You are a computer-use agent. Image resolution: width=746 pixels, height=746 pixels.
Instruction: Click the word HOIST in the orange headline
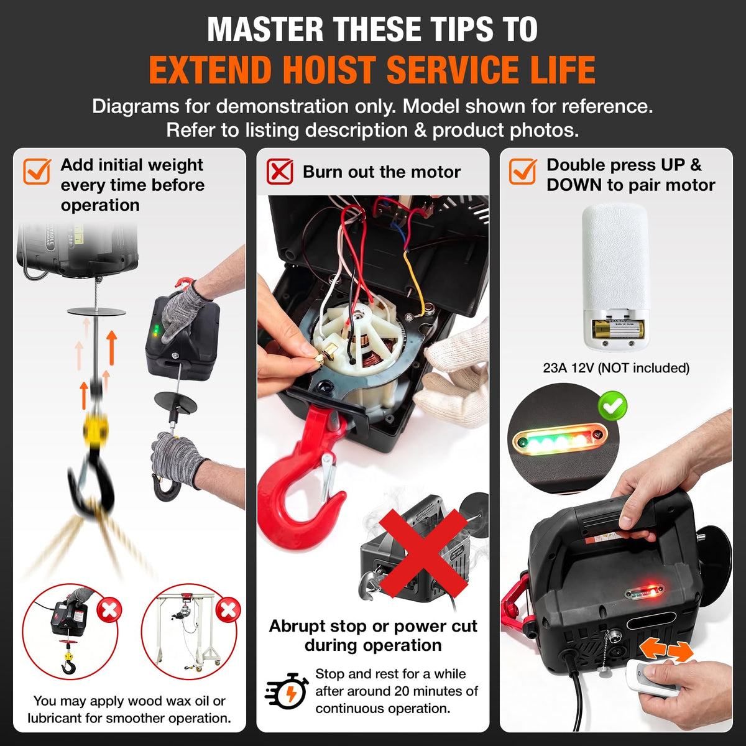pyautogui.click(x=330, y=70)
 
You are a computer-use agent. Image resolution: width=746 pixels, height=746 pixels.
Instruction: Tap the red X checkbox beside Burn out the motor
pyautogui.click(x=280, y=172)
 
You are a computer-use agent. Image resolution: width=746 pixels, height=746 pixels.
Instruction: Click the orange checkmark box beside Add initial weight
pyautogui.click(x=37, y=172)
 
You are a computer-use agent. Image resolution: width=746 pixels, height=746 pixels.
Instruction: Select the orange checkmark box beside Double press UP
pyautogui.click(x=523, y=172)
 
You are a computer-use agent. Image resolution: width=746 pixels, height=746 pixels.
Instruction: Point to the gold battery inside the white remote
pyautogui.click(x=618, y=329)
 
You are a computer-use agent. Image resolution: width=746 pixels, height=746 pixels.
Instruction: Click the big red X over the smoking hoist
pyautogui.click(x=423, y=554)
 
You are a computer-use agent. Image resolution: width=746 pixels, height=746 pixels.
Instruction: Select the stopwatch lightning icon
pyautogui.click(x=287, y=691)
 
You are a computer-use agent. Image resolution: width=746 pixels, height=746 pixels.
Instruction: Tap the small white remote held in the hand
pyautogui.click(x=647, y=678)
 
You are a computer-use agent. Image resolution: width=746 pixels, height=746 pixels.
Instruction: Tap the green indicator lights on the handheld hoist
pyautogui.click(x=155, y=329)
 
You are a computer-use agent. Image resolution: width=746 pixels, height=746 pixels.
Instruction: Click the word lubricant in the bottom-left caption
pyautogui.click(x=55, y=718)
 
